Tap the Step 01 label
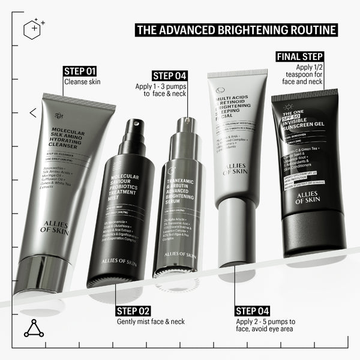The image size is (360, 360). coord(80,71)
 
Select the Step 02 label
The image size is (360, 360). coord(133,311)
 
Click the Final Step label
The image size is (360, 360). coord(299,57)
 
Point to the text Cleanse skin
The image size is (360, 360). coord(83,82)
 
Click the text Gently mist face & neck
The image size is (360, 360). coord(151,322)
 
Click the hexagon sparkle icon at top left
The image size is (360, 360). coord(34,28)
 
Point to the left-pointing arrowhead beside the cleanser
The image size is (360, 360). coord(32,112)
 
